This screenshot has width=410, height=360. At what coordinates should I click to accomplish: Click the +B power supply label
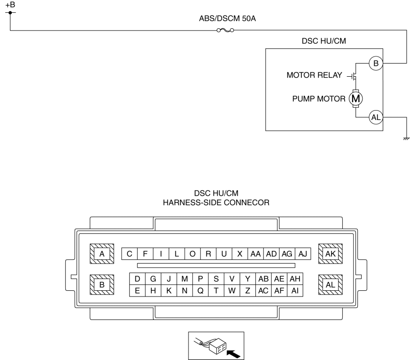[x=10, y=5]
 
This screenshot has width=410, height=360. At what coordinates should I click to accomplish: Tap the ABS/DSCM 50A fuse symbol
[x=225, y=30]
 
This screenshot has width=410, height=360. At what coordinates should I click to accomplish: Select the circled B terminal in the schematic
[x=376, y=64]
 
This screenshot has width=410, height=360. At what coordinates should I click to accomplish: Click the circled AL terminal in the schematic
[x=376, y=117]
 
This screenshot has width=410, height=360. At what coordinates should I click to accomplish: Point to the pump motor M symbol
[x=355, y=99]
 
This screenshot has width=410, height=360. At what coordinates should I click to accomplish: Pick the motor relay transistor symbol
[x=353, y=76]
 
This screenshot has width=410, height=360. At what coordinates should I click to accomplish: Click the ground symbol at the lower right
[x=406, y=138]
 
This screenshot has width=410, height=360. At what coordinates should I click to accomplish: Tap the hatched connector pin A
[x=102, y=254]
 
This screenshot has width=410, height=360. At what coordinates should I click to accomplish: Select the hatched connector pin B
[x=102, y=285]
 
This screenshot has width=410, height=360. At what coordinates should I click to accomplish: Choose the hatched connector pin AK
[x=331, y=254]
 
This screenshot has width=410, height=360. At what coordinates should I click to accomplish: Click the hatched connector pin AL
[x=331, y=285]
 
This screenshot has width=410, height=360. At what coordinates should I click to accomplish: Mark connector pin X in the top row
[x=240, y=254]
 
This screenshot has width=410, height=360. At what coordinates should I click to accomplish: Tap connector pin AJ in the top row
[x=303, y=254]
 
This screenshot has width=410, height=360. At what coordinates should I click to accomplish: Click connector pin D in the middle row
[x=137, y=279]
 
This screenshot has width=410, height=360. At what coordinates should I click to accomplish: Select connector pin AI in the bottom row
[x=295, y=291]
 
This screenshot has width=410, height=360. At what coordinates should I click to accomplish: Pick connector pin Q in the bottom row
[x=200, y=291]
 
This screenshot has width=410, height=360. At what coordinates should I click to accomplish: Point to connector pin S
[x=216, y=279]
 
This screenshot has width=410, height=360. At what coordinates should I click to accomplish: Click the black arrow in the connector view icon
[x=233, y=354]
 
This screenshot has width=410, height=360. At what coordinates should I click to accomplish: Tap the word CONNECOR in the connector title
[x=246, y=202]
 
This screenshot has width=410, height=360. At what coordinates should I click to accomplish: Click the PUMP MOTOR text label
[x=319, y=99]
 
